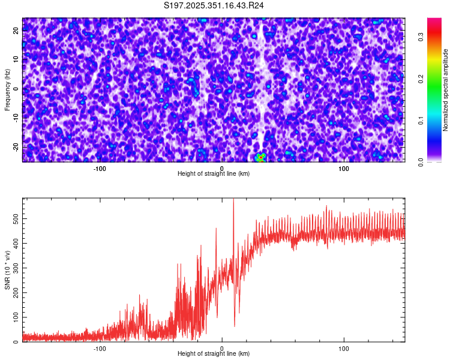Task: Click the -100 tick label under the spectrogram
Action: point(100,169)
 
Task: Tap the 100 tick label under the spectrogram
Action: point(344,169)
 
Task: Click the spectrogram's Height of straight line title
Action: point(214,174)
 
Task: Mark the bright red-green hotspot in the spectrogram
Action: point(260,158)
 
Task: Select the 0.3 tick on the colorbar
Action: point(421,36)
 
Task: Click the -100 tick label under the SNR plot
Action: point(100,348)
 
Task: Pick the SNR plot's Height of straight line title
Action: point(214,354)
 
